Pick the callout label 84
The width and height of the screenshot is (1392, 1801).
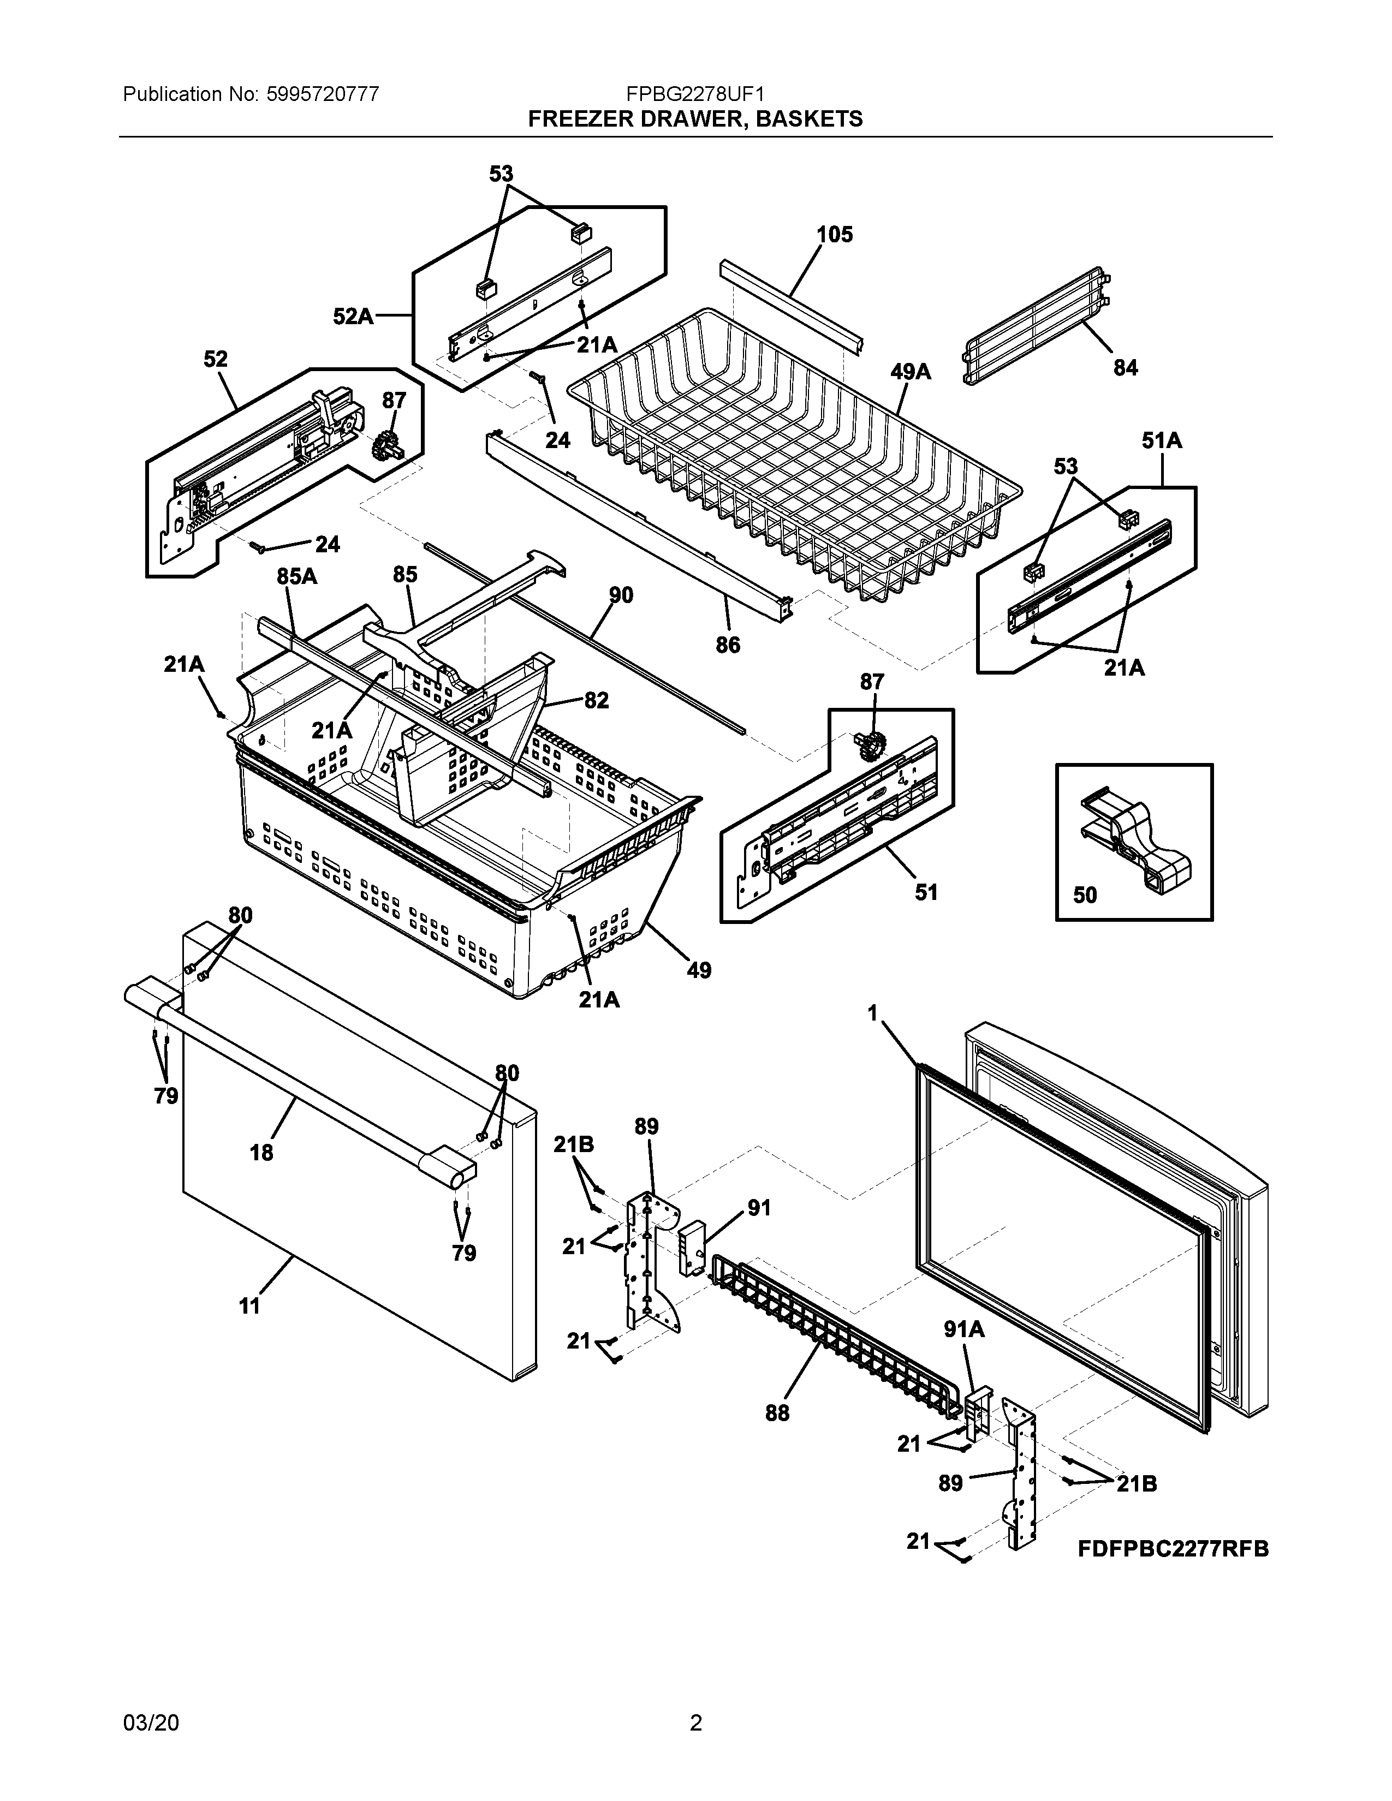click(x=1125, y=368)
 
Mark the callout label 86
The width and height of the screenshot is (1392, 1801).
click(x=727, y=645)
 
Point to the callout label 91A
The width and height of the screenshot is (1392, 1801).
click(x=964, y=1329)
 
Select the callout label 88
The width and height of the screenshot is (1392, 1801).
click(x=777, y=1414)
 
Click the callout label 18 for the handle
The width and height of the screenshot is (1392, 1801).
click(x=261, y=1153)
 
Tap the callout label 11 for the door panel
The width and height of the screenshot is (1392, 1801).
click(x=249, y=1305)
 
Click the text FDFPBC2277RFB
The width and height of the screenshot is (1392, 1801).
click(x=1173, y=1549)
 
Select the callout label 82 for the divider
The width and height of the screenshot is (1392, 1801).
click(x=596, y=700)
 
